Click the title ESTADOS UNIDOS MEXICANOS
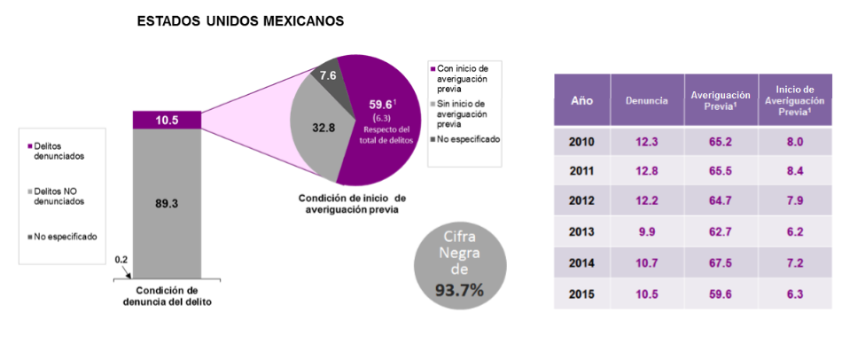[240, 20]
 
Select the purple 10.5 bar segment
[168, 120]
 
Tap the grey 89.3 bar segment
[168, 203]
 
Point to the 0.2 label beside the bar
[122, 260]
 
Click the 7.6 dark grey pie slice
[330, 78]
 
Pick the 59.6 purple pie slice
[381, 124]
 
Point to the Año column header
[581, 100]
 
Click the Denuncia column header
[646, 100]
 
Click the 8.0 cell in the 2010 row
[794, 143]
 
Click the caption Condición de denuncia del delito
[167, 296]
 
